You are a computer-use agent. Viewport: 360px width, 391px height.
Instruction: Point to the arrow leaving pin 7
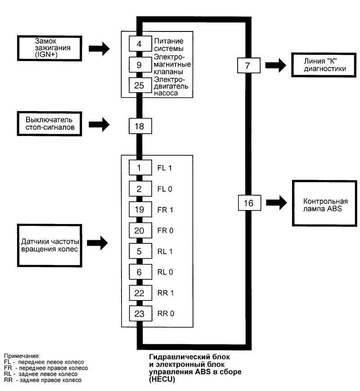coord(276,65)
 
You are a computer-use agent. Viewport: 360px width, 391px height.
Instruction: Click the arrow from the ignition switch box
coord(99,49)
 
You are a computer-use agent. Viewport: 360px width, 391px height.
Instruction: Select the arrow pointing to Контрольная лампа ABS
coord(276,202)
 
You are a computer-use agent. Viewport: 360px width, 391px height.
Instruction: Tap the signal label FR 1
coord(165,210)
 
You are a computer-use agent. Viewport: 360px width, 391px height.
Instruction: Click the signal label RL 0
coord(165,272)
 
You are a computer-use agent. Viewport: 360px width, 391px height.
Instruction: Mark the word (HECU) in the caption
coord(162,379)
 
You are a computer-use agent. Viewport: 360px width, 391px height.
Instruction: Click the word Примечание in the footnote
coord(22,356)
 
